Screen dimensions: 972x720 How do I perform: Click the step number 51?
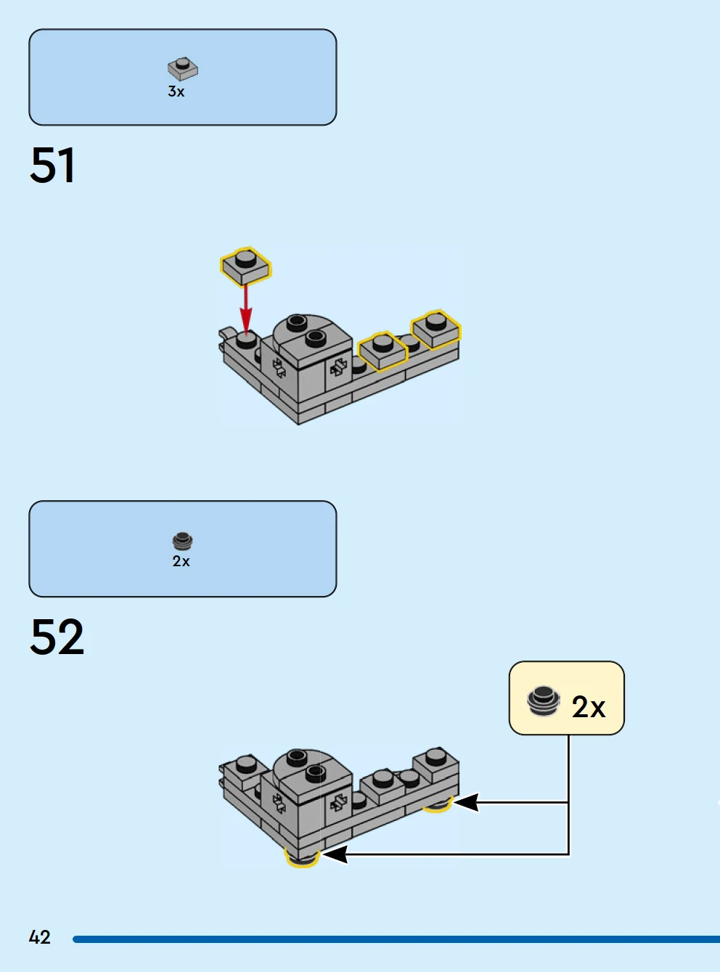(52, 166)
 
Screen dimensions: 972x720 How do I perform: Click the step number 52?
(57, 637)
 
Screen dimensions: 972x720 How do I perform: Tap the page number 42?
(39, 937)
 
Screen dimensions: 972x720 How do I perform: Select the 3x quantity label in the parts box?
(176, 91)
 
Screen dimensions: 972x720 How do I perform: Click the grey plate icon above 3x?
(182, 68)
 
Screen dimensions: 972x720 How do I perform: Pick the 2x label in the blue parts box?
(181, 561)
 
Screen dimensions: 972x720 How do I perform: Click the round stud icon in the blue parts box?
(182, 541)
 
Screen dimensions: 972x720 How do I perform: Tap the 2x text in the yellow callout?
(588, 706)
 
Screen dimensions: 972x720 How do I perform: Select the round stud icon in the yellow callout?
(543, 700)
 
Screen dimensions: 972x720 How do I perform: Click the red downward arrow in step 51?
(246, 309)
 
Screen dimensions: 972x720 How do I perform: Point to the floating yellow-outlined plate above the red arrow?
(245, 266)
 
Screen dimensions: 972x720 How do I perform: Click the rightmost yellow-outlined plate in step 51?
(435, 329)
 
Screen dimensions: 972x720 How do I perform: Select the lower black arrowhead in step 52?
(335, 854)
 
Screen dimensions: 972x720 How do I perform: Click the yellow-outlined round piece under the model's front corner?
(303, 859)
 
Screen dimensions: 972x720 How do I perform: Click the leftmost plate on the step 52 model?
(245, 769)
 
